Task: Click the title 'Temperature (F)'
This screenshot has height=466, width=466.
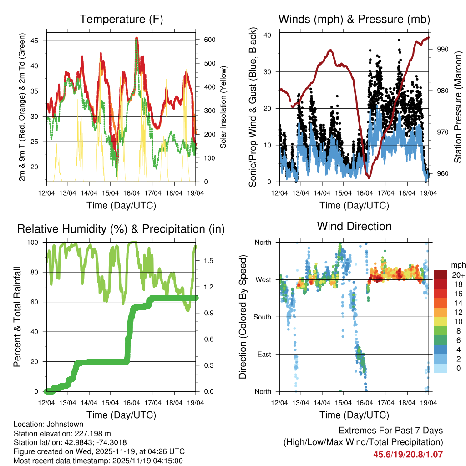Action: [x=121, y=20]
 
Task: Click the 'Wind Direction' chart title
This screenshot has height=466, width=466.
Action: [x=354, y=226]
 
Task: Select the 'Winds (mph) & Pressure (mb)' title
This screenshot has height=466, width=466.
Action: [x=354, y=20]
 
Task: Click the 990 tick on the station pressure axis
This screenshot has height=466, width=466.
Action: [x=442, y=49]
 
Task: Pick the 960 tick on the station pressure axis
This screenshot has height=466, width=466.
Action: [x=442, y=173]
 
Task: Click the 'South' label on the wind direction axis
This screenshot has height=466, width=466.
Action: [x=263, y=317]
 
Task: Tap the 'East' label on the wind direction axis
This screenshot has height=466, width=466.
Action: [x=264, y=354]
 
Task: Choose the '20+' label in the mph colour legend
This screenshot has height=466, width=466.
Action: [x=458, y=275]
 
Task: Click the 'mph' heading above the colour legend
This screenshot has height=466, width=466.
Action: [x=457, y=265]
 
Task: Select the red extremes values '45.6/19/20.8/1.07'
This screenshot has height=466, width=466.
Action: [x=408, y=454]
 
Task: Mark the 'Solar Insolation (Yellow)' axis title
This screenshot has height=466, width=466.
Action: [x=223, y=107]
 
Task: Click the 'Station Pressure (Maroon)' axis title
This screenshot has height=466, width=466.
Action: [x=457, y=107]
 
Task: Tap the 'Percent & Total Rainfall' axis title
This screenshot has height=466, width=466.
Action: [x=17, y=317]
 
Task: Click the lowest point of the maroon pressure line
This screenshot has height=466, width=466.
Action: [x=370, y=177]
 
